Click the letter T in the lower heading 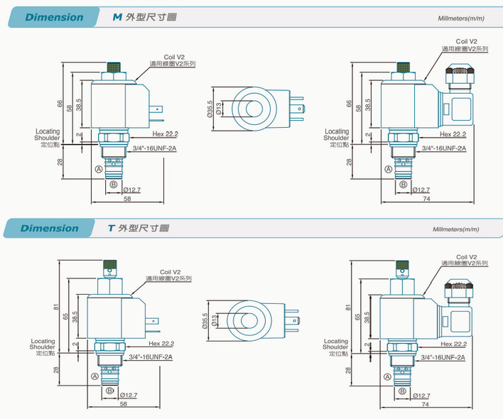[x=111, y=228]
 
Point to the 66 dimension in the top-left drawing [x=60, y=104]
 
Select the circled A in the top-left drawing [x=98, y=169]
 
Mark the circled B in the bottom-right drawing [x=403, y=391]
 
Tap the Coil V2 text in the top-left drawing [x=174, y=57]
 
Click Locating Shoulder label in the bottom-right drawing [x=335, y=344]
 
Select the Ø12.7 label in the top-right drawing [x=421, y=190]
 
